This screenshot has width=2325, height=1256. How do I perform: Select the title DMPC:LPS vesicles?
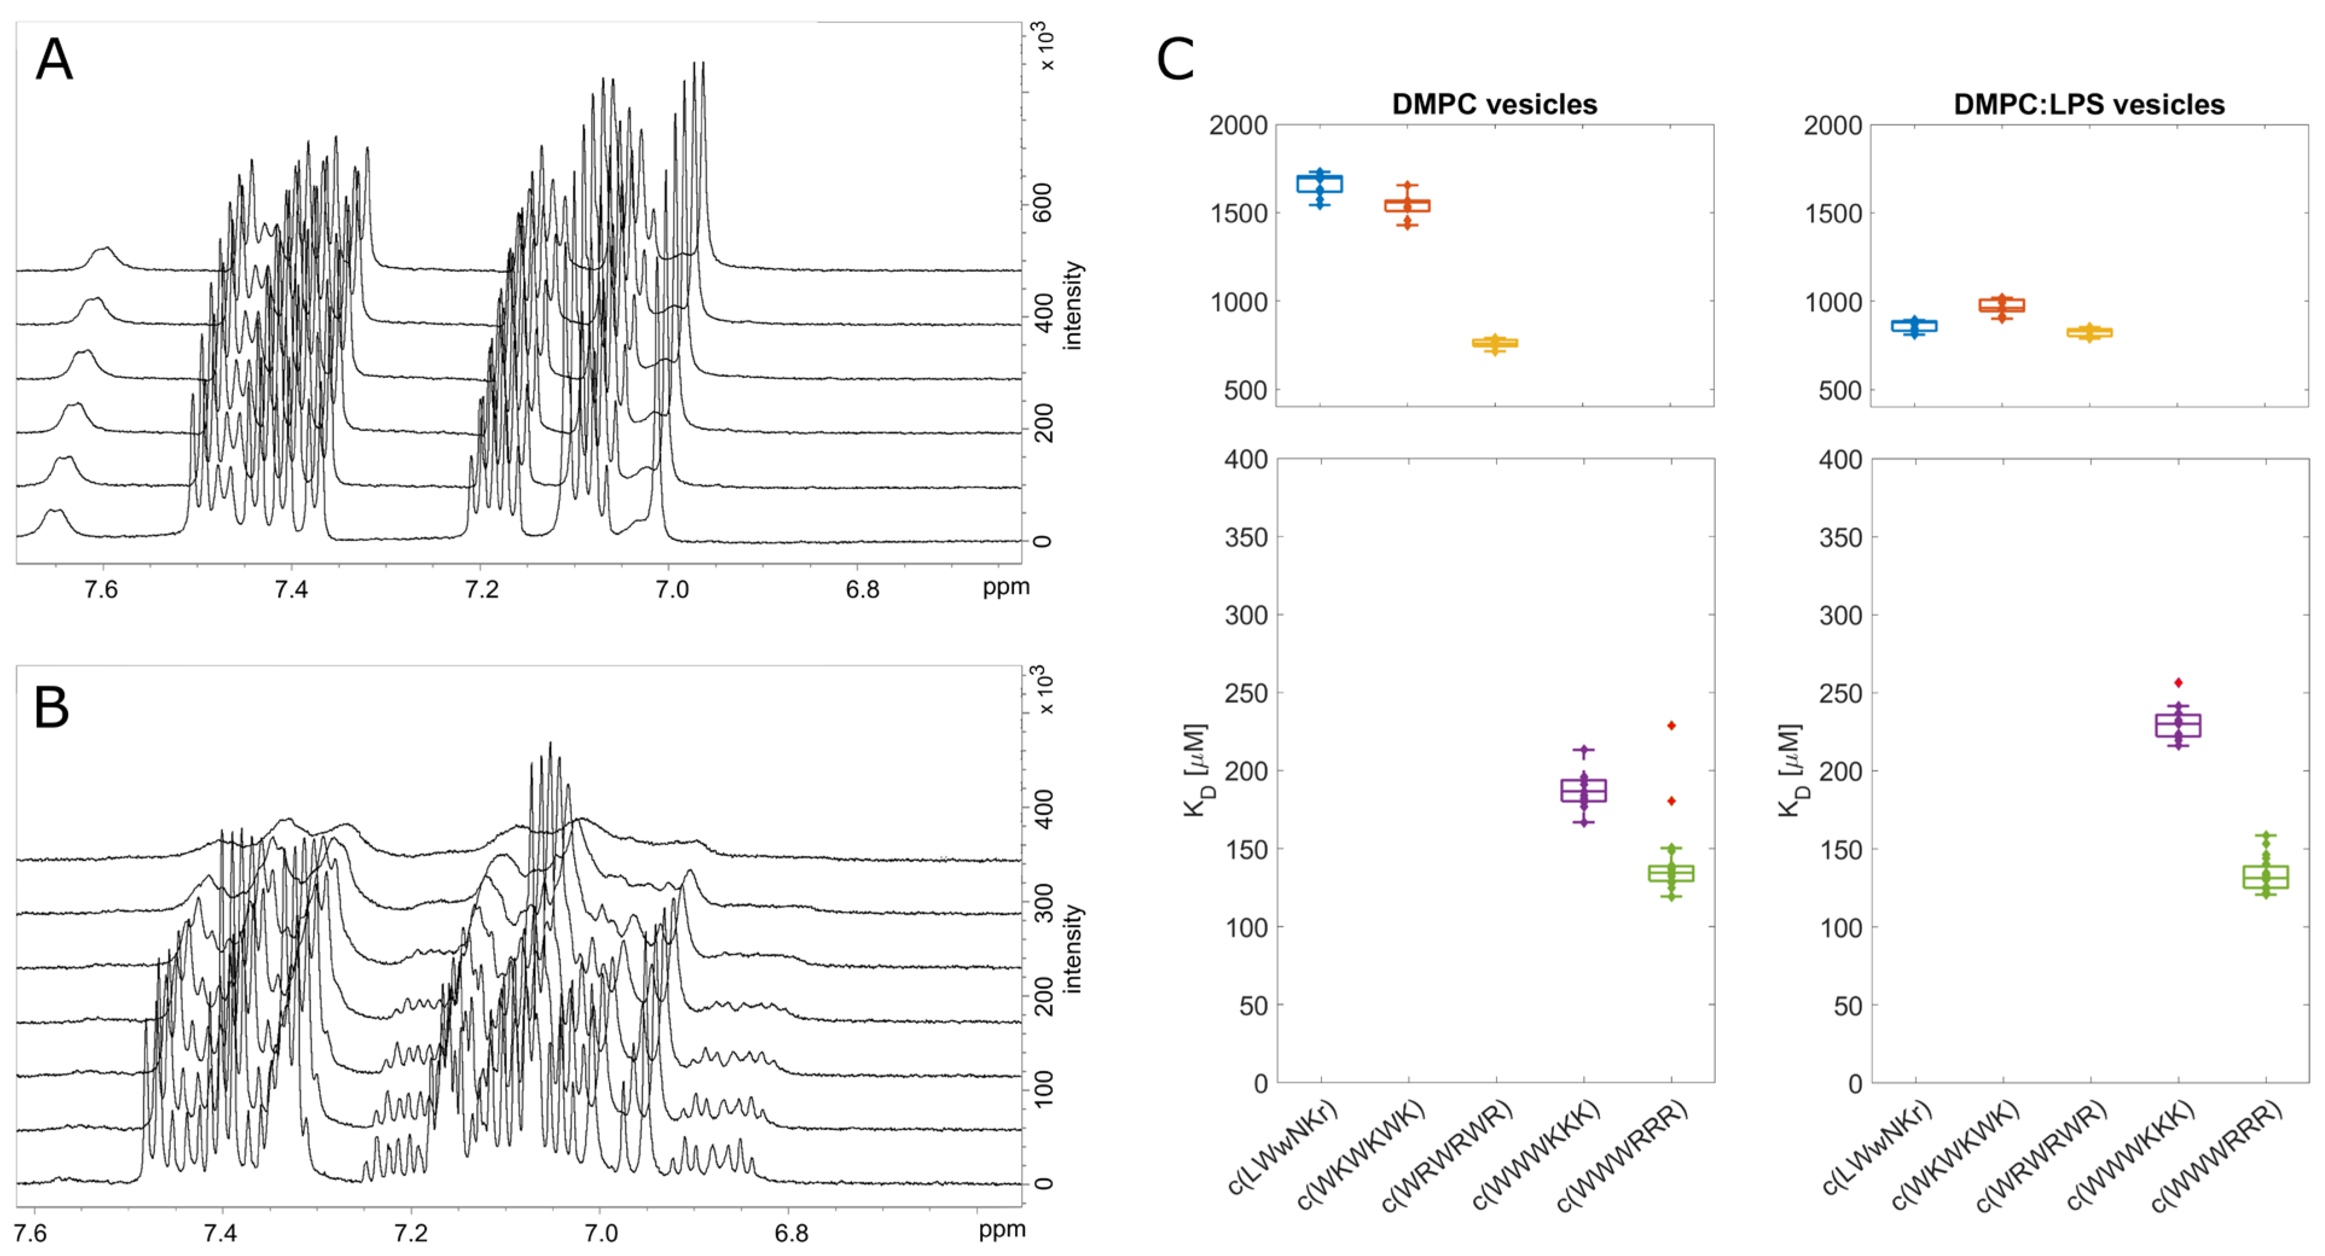point(2089,104)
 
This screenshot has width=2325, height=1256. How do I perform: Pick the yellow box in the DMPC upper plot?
point(1495,343)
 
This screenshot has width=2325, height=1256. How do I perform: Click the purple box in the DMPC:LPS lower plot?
point(2178,725)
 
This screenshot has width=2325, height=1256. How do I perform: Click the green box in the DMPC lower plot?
point(1671,873)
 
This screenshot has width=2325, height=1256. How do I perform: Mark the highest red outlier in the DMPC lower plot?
point(1671,725)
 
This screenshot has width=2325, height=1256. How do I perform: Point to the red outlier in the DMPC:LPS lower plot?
point(2179,683)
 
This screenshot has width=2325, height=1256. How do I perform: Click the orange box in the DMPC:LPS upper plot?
point(2002,306)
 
